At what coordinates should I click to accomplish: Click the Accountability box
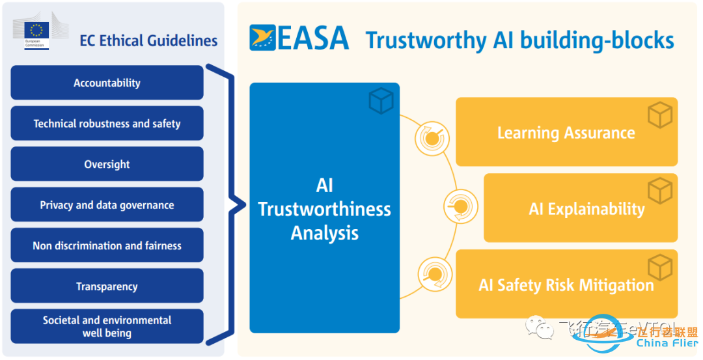[x=107, y=83]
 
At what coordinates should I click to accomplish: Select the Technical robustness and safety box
[x=107, y=124]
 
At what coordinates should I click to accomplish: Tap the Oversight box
[x=107, y=164]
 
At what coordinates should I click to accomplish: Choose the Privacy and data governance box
[x=107, y=205]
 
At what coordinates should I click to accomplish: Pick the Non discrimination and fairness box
[x=107, y=245]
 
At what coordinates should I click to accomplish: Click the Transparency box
[x=107, y=286]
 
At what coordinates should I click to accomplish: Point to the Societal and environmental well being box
[x=107, y=326]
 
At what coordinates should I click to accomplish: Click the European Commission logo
[x=36, y=33]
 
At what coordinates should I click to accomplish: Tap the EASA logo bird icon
[x=262, y=38]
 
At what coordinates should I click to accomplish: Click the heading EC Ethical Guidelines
[x=148, y=40]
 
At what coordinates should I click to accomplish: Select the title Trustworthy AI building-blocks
[x=519, y=40]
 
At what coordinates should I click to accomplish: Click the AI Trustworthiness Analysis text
[x=324, y=209]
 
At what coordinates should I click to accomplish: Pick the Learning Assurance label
[x=566, y=133]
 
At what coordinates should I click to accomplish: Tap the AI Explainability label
[x=586, y=209]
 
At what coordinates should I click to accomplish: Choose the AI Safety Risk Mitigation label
[x=566, y=285]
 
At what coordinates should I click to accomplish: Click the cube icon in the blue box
[x=381, y=100]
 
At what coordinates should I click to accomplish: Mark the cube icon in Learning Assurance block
[x=659, y=115]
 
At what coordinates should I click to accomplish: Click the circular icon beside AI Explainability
[x=460, y=207]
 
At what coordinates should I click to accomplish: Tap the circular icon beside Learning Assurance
[x=432, y=135]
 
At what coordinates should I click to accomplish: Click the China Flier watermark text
[x=667, y=343]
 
